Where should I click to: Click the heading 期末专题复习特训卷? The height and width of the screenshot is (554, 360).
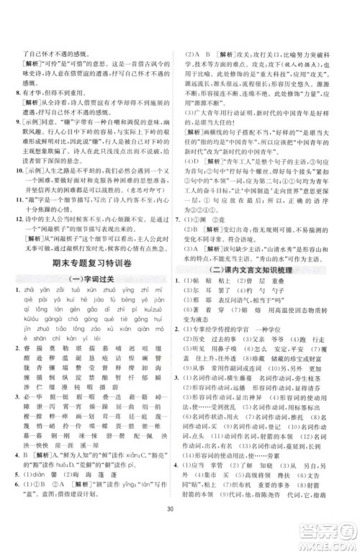[x=90, y=265]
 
